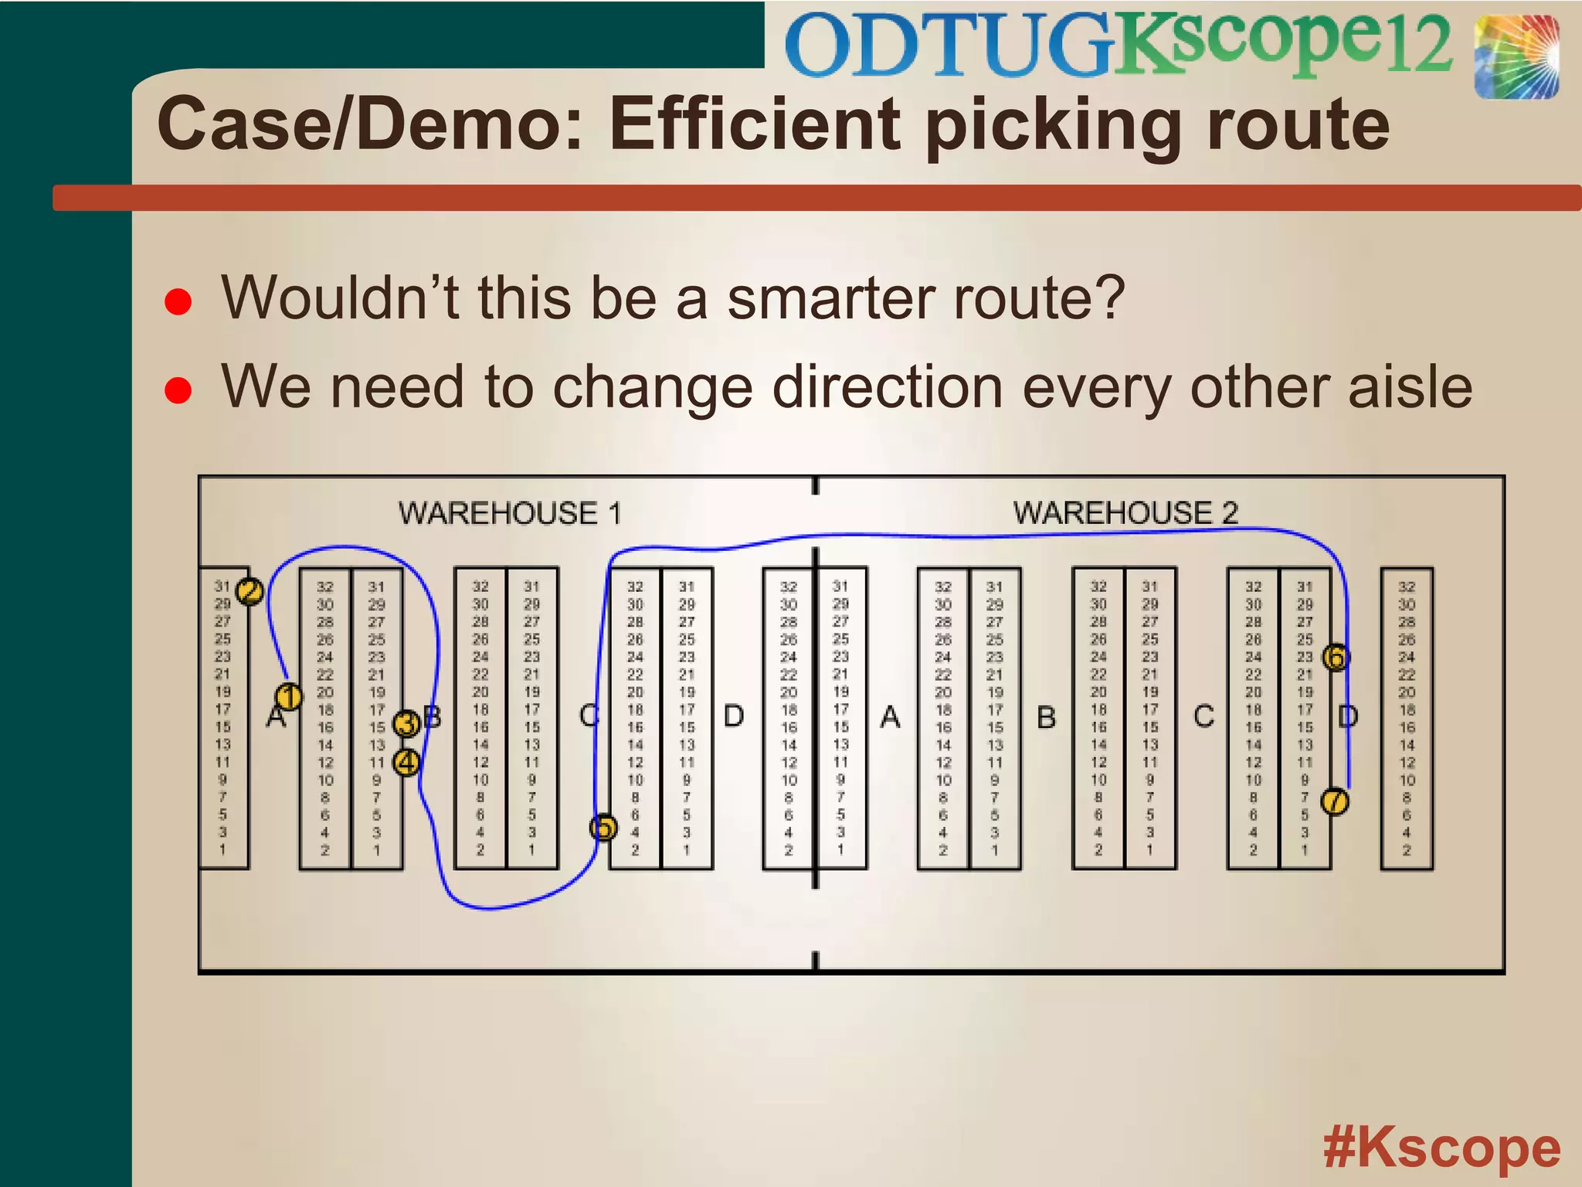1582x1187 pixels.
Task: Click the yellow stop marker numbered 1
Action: [x=289, y=697]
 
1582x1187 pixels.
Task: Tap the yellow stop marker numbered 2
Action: [x=250, y=592]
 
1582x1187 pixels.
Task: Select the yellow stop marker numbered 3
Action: [x=406, y=724]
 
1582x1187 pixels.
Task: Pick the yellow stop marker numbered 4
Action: [x=406, y=763]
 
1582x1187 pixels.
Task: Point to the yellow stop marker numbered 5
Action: [x=604, y=828]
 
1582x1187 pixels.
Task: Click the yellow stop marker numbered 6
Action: [x=1336, y=658]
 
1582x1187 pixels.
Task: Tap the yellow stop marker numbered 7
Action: [x=1335, y=801]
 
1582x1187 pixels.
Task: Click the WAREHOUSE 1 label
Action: [x=510, y=513]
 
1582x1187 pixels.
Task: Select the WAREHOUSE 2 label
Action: [x=1125, y=512]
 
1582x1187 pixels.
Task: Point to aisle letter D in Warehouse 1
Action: [x=734, y=716]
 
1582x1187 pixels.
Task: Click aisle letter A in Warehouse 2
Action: [x=891, y=717]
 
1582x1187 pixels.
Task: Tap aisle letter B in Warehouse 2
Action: [x=1046, y=717]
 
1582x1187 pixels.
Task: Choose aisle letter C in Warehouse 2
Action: [x=1203, y=716]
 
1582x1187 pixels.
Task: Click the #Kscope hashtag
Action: [x=1441, y=1148]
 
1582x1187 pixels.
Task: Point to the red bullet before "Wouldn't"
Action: [x=178, y=302]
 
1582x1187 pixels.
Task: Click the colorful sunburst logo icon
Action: [x=1516, y=58]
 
